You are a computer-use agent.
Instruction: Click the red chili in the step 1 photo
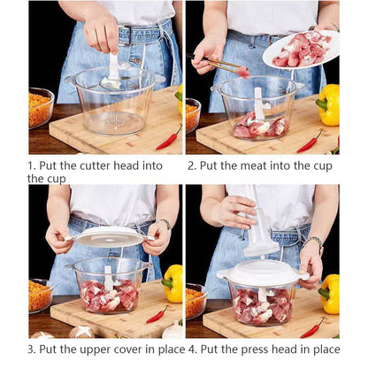click(x=169, y=138)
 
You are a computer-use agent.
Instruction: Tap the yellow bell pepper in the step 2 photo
click(x=328, y=104)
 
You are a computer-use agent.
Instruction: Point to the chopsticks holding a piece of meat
click(x=218, y=63)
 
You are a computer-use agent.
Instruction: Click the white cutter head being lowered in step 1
click(x=114, y=69)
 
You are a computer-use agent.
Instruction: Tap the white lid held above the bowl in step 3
click(x=109, y=236)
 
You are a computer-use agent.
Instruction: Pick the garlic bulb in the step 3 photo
click(x=81, y=332)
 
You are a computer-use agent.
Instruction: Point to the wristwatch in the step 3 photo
click(x=164, y=224)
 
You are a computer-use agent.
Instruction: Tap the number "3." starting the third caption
click(x=33, y=349)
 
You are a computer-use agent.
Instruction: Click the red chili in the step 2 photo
click(x=310, y=141)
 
